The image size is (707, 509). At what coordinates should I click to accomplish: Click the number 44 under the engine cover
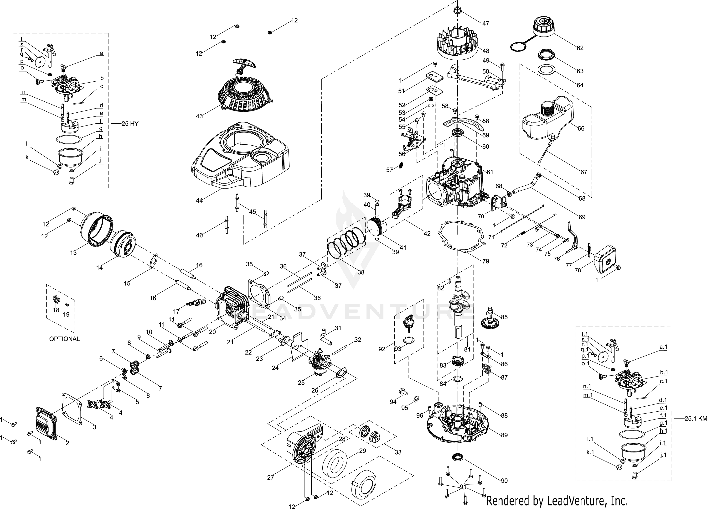[199, 200]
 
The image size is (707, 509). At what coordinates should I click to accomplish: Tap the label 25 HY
[130, 124]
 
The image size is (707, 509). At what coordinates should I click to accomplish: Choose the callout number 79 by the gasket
[486, 261]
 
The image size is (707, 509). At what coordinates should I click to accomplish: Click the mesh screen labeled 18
[56, 300]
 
